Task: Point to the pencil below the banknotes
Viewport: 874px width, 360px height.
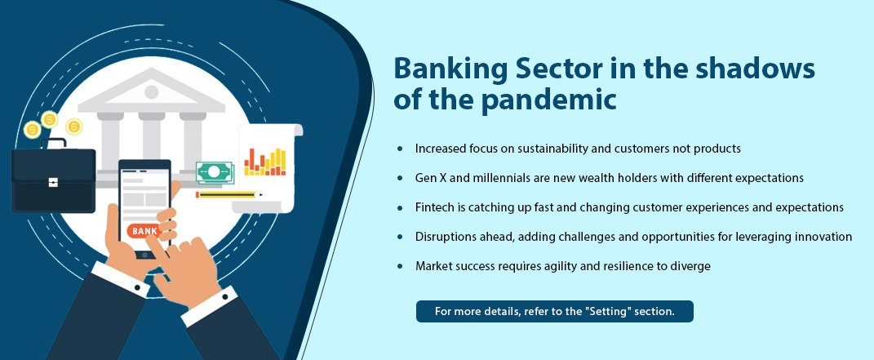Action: click(229, 194)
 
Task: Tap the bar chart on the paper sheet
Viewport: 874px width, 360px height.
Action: click(264, 162)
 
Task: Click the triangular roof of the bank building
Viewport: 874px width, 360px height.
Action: click(152, 90)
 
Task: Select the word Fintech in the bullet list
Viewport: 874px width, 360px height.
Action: click(432, 207)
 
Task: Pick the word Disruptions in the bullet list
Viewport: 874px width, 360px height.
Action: click(444, 237)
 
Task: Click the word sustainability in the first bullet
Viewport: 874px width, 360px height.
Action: click(548, 149)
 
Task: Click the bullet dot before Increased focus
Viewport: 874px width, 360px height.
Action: click(400, 149)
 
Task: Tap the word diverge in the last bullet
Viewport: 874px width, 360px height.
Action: click(694, 266)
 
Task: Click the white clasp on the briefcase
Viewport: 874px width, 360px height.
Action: click(53, 182)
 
